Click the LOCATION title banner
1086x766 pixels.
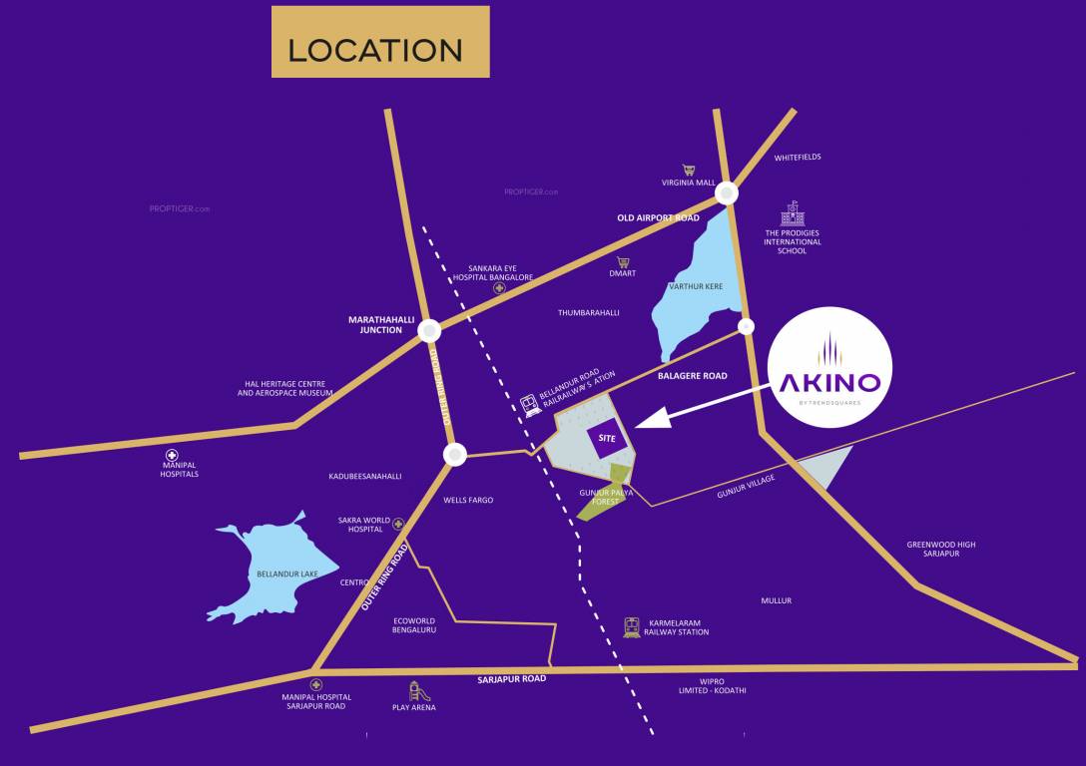coord(380,42)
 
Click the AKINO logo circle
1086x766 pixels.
coord(830,368)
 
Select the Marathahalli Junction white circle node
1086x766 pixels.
coord(429,330)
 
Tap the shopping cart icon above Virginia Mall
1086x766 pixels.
coord(688,171)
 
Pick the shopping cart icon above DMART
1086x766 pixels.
coord(623,262)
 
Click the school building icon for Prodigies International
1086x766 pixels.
coord(793,213)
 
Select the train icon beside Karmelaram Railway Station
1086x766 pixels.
coord(631,626)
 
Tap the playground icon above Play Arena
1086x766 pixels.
coord(414,690)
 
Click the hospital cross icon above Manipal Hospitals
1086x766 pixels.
coord(180,454)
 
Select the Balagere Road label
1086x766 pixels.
coord(693,376)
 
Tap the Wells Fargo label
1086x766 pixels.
coord(468,500)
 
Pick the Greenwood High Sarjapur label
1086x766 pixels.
coord(941,549)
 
